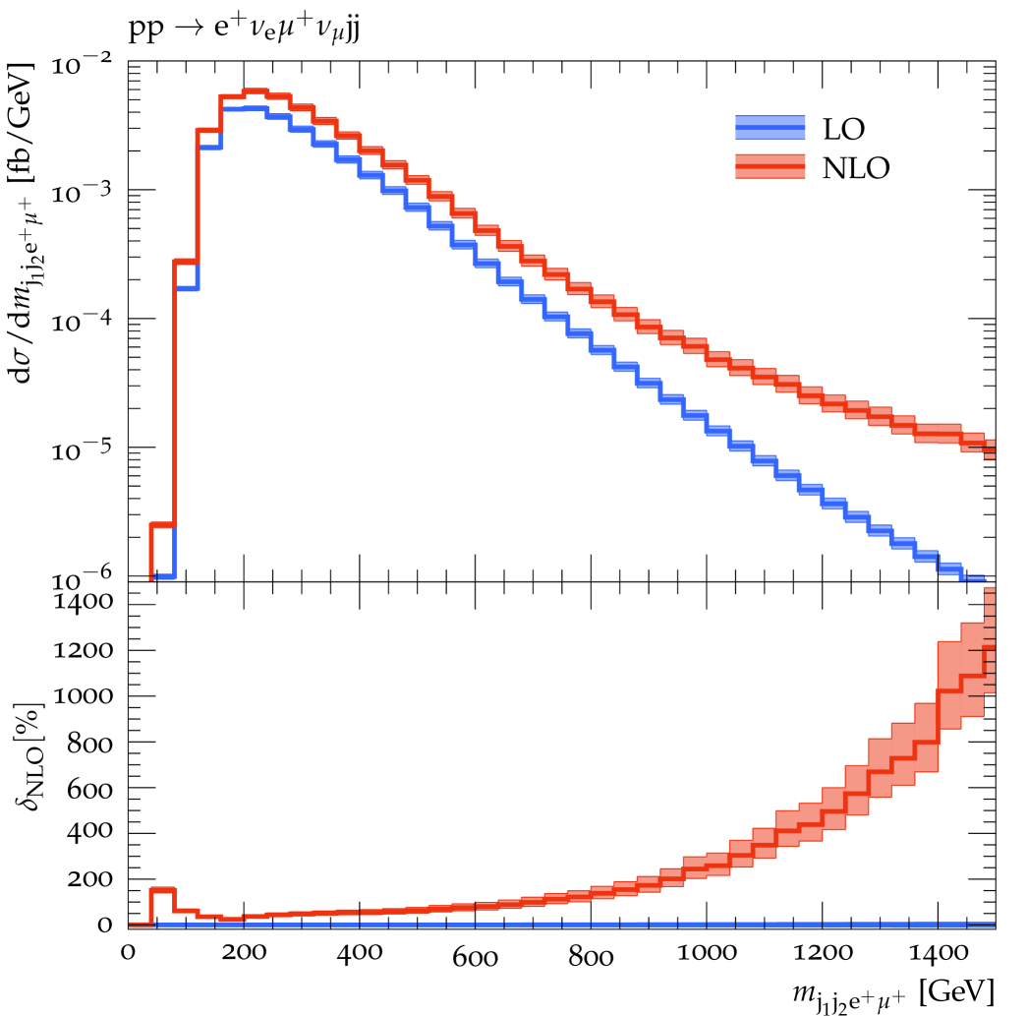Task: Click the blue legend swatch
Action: pyautogui.click(x=770, y=128)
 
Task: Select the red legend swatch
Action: pyautogui.click(x=770, y=166)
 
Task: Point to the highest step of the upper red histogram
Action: pyautogui.click(x=255, y=91)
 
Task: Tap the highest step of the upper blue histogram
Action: pyautogui.click(x=244, y=108)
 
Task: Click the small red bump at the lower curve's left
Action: pyautogui.click(x=162, y=889)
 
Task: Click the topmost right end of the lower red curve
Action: pyautogui.click(x=989, y=590)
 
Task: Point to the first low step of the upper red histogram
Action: pyautogui.click(x=162, y=524)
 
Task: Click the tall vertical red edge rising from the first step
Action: pyautogui.click(x=175, y=393)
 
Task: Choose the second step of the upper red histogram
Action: pyautogui.click(x=186, y=261)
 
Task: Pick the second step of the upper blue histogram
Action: pyautogui.click(x=187, y=288)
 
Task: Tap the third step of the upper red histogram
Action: pyautogui.click(x=208, y=130)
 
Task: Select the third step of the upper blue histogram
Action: pyautogui.click(x=210, y=148)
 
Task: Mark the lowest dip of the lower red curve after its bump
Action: pyautogui.click(x=230, y=919)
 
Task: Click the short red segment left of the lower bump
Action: pyautogui.click(x=141, y=924)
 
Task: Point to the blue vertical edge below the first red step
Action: pyautogui.click(x=174, y=551)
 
